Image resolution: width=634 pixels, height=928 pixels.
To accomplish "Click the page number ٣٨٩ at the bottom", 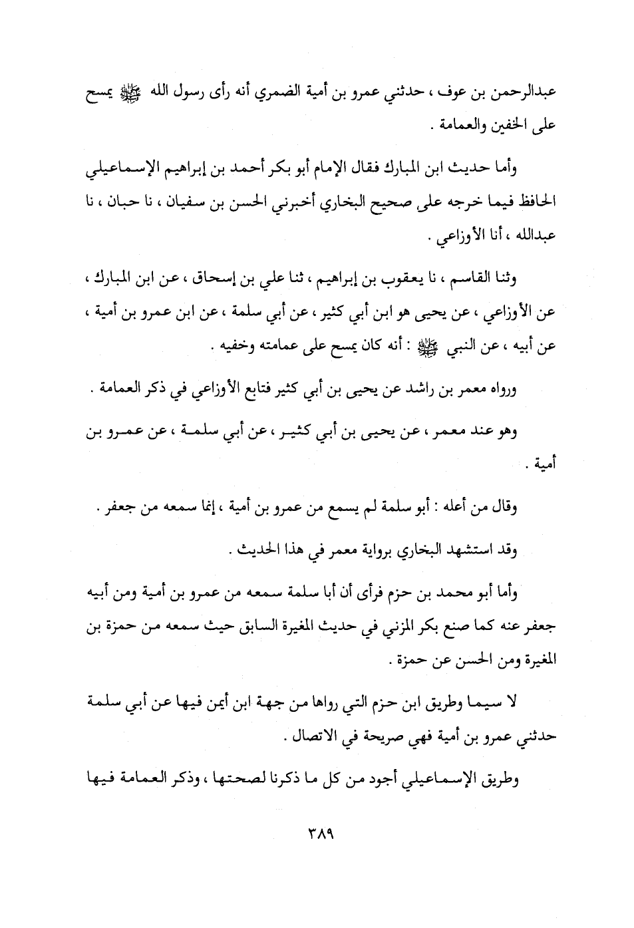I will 317,834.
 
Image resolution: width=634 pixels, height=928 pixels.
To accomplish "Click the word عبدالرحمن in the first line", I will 526,94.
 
